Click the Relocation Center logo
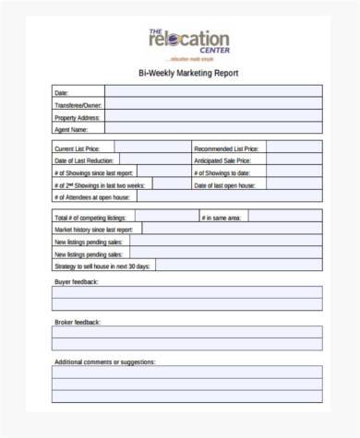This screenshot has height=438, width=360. (187, 41)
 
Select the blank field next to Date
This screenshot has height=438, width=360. (212, 92)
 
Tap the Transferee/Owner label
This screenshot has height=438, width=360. (77, 105)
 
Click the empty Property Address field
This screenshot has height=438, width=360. (212, 117)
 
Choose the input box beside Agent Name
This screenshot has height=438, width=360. (212, 130)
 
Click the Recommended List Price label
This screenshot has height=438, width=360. (226, 148)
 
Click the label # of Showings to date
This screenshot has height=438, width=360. (222, 172)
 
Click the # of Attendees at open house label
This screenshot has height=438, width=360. (92, 197)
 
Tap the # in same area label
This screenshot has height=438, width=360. (221, 217)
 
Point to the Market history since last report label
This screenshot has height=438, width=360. (93, 229)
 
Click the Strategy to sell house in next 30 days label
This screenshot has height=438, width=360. (101, 266)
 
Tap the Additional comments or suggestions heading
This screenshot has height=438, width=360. (104, 361)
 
